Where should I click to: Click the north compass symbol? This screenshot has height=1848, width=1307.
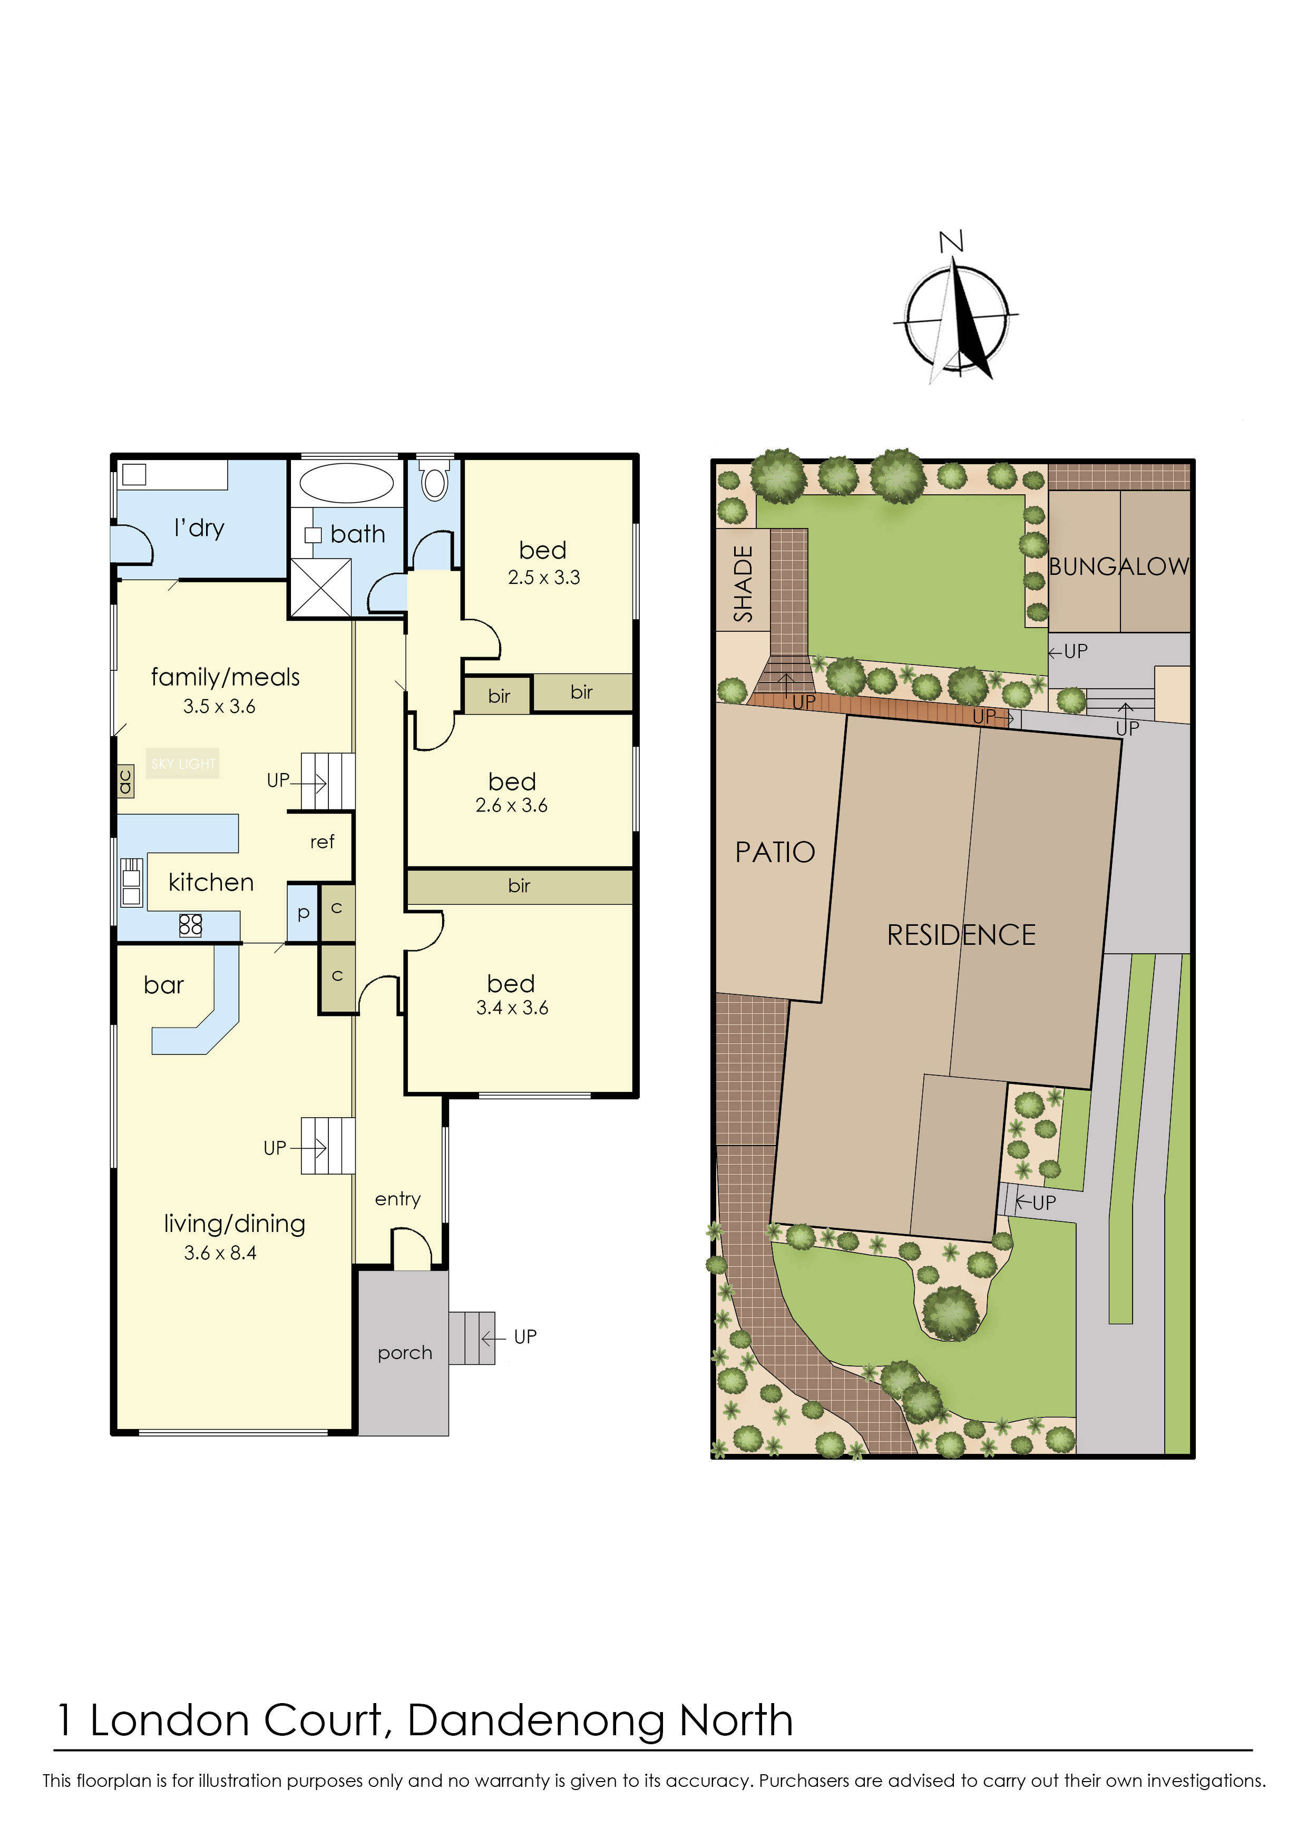click(956, 317)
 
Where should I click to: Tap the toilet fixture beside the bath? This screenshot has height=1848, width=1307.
click(435, 481)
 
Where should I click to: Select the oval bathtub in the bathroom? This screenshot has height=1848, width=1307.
click(346, 483)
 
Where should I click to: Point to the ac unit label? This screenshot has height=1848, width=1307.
click(125, 781)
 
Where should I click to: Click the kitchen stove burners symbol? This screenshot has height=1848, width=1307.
click(191, 925)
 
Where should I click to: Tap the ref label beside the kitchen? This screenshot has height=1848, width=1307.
click(322, 842)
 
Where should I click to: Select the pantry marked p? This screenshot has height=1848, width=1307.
click(304, 913)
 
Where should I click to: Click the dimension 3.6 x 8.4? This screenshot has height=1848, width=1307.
click(220, 1253)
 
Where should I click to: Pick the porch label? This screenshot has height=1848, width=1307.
click(405, 1353)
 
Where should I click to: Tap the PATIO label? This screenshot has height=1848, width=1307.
click(775, 853)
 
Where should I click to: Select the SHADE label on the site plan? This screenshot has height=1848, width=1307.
click(743, 583)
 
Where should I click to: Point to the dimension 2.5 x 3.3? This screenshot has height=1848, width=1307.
click(543, 577)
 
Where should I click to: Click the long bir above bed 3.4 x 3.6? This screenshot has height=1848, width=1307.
click(519, 886)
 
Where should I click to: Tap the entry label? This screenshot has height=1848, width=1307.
click(397, 1199)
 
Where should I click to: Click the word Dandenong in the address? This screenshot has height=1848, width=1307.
click(536, 1721)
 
